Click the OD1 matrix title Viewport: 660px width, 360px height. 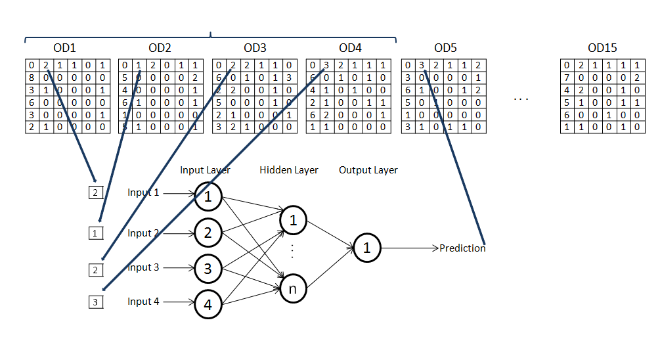(x=64, y=49)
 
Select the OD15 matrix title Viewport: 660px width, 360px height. (x=602, y=49)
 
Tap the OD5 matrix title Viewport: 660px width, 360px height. (x=445, y=49)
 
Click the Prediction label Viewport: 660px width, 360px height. (x=462, y=248)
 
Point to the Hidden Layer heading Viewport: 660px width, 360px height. (x=289, y=170)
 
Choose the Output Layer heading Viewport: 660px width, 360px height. (x=368, y=170)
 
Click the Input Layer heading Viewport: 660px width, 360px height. (x=206, y=170)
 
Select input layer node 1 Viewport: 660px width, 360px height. (x=208, y=195)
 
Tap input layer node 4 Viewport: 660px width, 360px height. (x=208, y=304)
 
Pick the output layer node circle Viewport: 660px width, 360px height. (x=367, y=248)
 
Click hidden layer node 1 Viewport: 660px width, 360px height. (x=294, y=221)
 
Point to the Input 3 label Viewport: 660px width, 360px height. (x=143, y=267)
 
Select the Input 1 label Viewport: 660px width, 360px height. (x=143, y=193)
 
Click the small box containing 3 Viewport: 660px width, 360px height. (x=95, y=302)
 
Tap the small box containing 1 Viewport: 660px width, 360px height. (x=95, y=232)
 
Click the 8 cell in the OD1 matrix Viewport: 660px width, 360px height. (x=32, y=77)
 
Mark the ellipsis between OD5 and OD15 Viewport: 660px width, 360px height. (x=521, y=99)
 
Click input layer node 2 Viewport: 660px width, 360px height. (x=208, y=232)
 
